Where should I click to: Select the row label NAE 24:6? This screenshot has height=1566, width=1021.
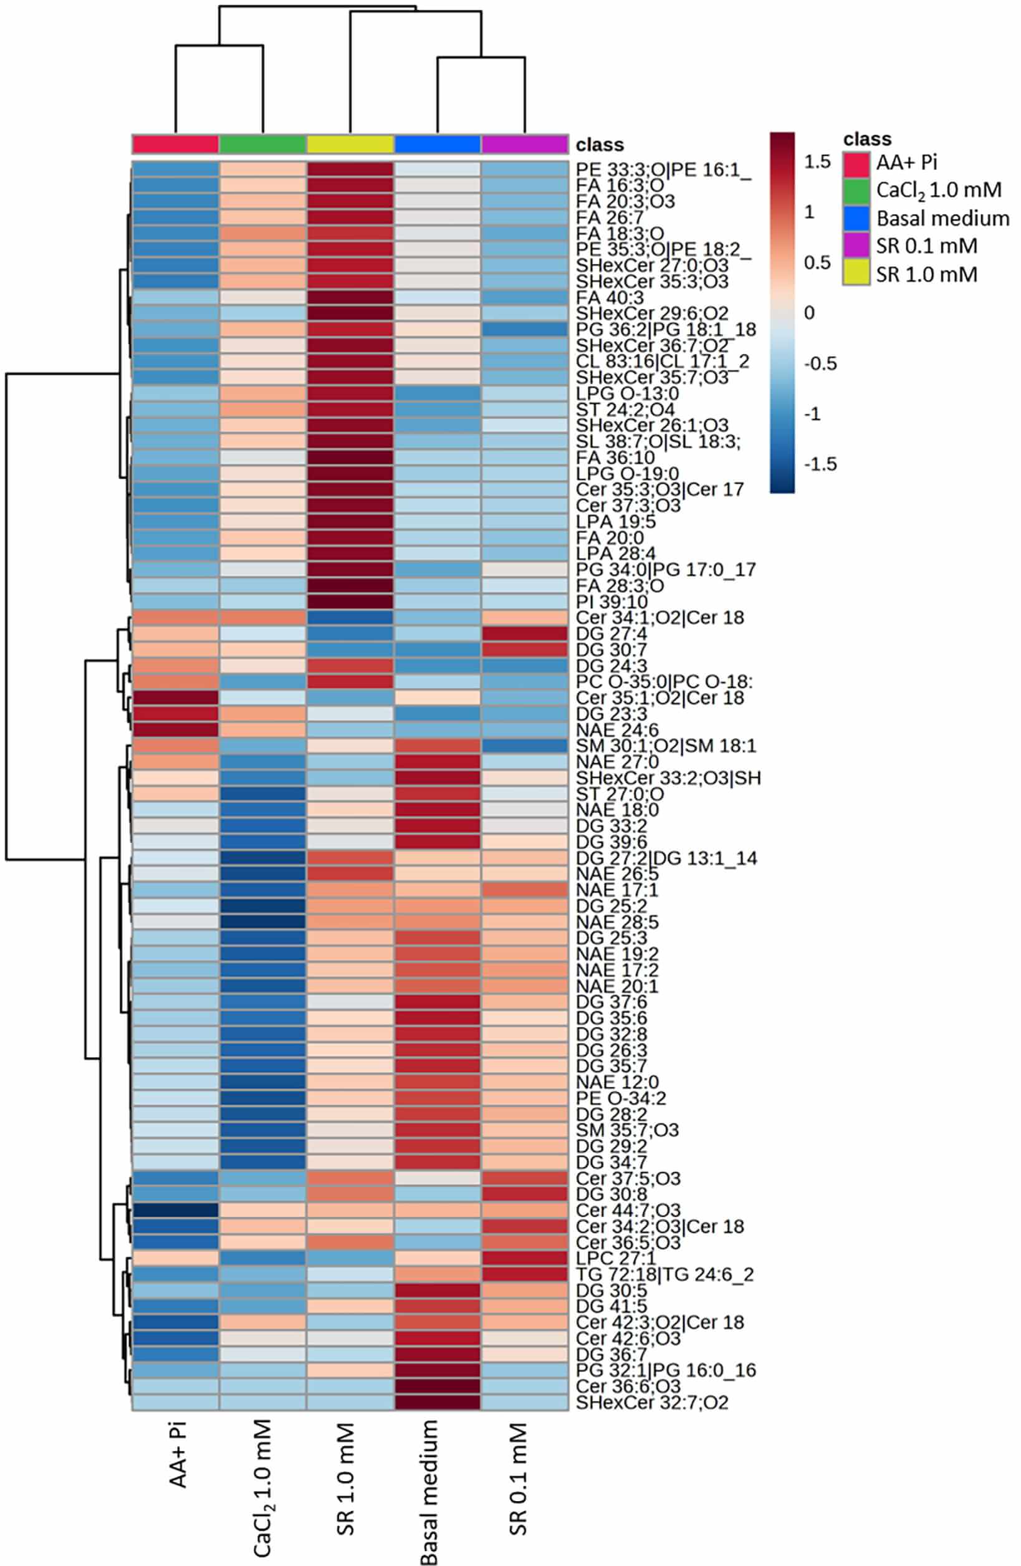coord(617,731)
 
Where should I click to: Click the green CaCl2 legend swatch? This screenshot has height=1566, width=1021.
coord(856,190)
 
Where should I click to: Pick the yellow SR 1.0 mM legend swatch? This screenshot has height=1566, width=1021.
coord(856,274)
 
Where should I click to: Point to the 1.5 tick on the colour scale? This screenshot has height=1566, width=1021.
coord(818,162)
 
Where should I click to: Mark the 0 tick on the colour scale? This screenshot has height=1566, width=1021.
coord(808,312)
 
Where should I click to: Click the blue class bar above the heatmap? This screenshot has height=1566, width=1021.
coord(438,144)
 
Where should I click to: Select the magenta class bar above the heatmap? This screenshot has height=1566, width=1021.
coord(524,144)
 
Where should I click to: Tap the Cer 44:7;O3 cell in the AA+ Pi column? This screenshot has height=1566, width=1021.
coord(176,1211)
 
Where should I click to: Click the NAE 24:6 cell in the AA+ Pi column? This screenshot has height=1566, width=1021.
coord(176,730)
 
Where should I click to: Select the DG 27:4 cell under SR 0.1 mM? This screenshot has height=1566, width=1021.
coord(524,633)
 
